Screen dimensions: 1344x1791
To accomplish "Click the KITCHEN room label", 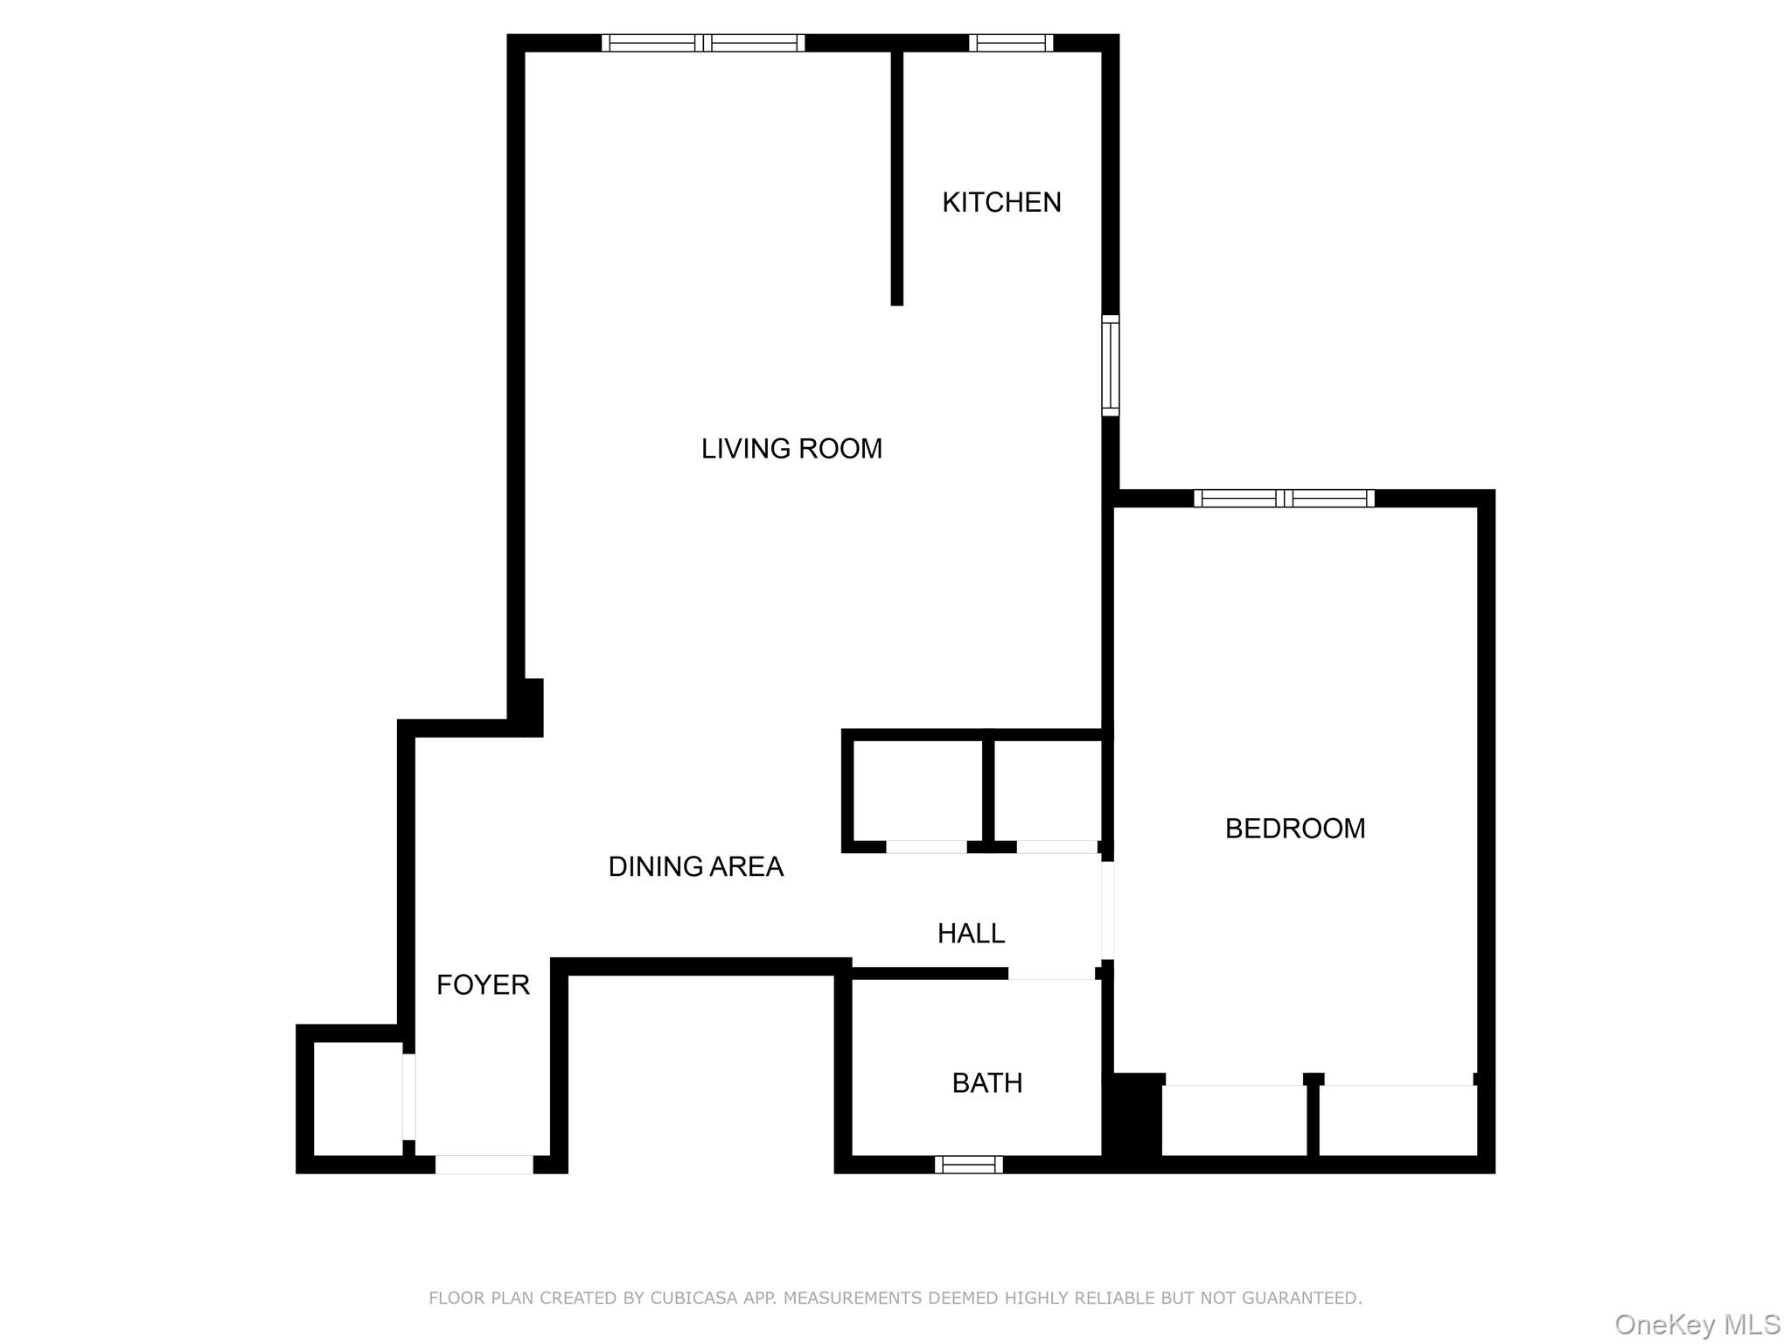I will point(1001,202).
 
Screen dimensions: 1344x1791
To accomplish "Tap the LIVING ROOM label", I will point(791,449).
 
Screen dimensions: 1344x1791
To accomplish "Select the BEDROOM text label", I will point(1294,829).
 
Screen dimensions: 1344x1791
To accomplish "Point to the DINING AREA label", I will point(695,866).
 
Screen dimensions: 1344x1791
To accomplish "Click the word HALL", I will point(971,934).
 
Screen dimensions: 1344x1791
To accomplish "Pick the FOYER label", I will point(483,985).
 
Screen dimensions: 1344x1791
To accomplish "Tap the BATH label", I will point(986,1083).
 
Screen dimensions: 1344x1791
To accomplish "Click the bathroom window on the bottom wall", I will point(968,1165).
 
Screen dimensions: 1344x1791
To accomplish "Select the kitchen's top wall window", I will point(1010,43).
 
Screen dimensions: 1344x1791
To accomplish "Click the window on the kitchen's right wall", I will point(1110,365).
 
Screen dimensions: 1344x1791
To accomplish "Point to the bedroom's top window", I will point(1284,499).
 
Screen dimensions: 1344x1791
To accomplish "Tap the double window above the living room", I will point(703,43).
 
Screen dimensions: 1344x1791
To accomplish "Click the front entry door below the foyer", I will point(484,1165).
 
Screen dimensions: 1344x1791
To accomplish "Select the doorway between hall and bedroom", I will point(1107,911).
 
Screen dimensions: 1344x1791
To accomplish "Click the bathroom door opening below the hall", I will point(1051,974).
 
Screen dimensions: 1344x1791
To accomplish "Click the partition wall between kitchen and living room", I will point(896,175).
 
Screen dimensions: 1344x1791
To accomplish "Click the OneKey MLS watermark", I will point(1697,1324).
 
